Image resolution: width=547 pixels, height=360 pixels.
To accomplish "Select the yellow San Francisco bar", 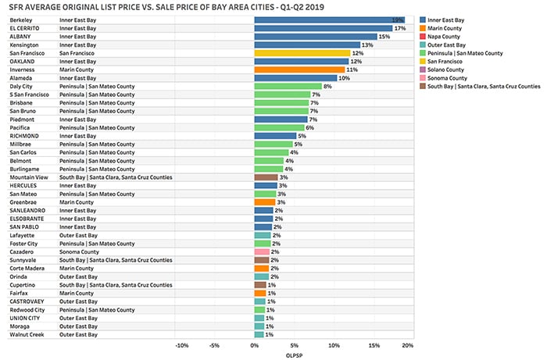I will [302, 52].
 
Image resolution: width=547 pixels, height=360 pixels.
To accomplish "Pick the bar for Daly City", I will [288, 86].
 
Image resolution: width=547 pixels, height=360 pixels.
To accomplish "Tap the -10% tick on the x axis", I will [182, 344].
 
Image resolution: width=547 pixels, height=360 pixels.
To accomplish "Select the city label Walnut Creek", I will [27, 335].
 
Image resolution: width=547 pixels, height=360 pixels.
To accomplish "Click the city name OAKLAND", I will [23, 61].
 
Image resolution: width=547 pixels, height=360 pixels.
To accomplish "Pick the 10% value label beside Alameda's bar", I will [344, 77].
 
